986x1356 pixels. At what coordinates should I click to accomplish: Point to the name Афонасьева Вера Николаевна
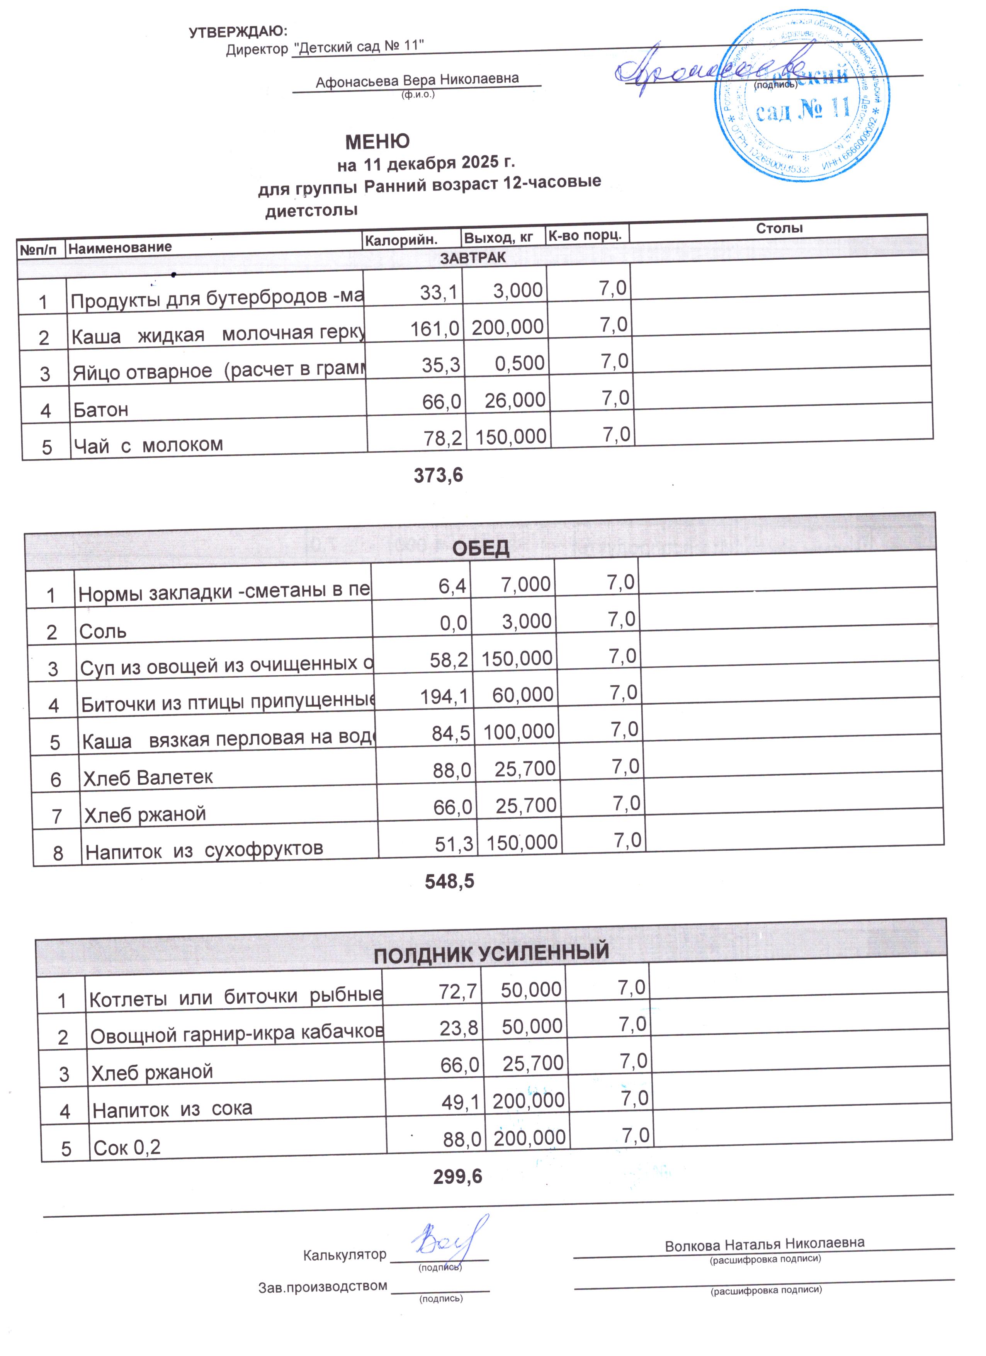[417, 80]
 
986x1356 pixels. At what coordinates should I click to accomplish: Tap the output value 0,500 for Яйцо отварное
[520, 363]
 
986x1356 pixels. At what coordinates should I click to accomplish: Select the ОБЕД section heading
[481, 548]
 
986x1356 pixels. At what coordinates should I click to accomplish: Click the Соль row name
[103, 631]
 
